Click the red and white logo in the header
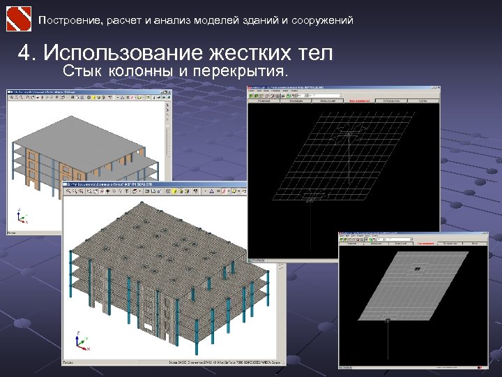pos(19,18)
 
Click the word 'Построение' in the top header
pos(70,20)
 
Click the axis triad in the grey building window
pos(22,216)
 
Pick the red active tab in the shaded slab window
pos(423,243)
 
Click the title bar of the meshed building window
pos(153,186)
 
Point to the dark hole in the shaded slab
pos(417,269)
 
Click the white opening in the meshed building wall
pos(150,327)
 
